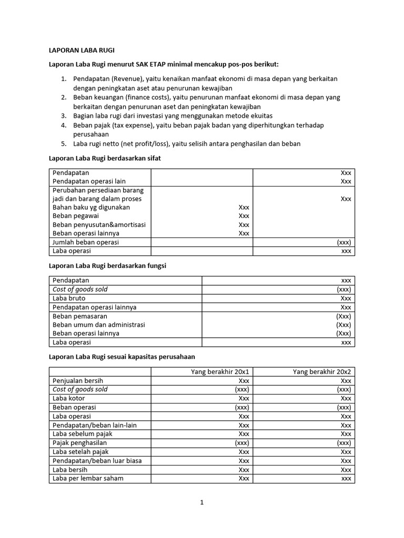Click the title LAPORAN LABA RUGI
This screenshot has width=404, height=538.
click(x=82, y=50)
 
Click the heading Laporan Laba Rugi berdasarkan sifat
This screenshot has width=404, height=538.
click(x=108, y=158)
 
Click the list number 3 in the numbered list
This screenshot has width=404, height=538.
click(x=63, y=116)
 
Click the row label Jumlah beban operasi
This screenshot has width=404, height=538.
click(x=86, y=242)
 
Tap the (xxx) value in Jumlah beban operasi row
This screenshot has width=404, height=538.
click(x=344, y=242)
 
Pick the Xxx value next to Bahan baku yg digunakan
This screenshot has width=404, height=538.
click(x=244, y=208)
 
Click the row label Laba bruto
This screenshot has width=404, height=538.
click(x=69, y=298)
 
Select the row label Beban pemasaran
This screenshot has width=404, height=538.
click(x=80, y=316)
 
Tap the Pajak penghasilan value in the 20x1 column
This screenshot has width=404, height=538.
click(x=242, y=443)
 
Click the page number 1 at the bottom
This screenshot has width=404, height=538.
click(x=201, y=502)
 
